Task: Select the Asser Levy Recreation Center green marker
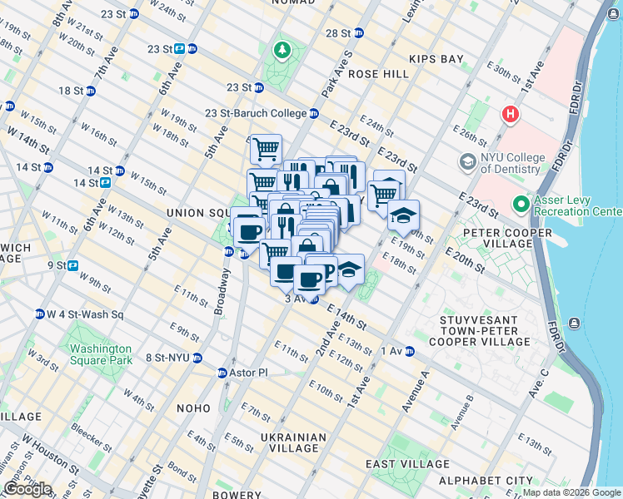click(x=521, y=203)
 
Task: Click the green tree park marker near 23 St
click(x=282, y=52)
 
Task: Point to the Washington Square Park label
click(x=101, y=354)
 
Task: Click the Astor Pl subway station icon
click(x=222, y=373)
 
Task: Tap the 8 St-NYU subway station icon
click(x=197, y=358)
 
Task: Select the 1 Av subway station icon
click(x=409, y=352)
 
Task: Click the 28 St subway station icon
click(x=358, y=33)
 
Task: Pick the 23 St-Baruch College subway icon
click(x=314, y=113)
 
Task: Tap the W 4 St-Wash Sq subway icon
click(x=39, y=314)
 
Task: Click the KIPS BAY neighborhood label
click(x=436, y=59)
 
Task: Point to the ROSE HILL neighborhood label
click(x=379, y=74)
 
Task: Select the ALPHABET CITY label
click(x=497, y=481)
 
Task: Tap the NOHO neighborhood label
click(x=193, y=408)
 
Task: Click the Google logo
click(x=27, y=489)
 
